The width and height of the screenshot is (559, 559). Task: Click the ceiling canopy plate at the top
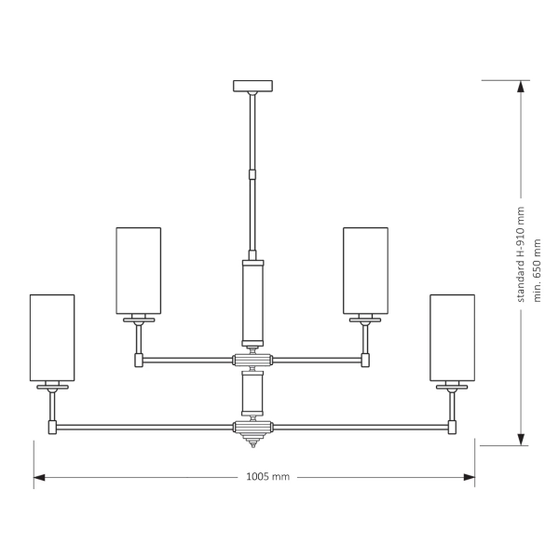pyautogui.click(x=253, y=87)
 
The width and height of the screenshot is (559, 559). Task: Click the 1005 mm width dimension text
pyautogui.click(x=267, y=476)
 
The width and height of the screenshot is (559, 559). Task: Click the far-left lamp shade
pyautogui.click(x=52, y=337)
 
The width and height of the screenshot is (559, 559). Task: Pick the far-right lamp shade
pyautogui.click(x=452, y=337)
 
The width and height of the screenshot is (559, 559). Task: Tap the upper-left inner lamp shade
pyautogui.click(x=138, y=270)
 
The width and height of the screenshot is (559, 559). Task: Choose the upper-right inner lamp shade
pyautogui.click(x=366, y=270)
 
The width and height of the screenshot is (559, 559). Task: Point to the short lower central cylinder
pyautogui.click(x=253, y=394)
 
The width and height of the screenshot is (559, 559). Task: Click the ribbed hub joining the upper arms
pyautogui.click(x=252, y=360)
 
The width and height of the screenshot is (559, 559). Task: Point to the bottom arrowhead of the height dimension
pyautogui.click(x=521, y=439)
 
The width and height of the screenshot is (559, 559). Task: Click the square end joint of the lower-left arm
pyautogui.click(x=53, y=428)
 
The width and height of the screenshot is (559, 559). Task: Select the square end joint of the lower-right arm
pyautogui.click(x=452, y=428)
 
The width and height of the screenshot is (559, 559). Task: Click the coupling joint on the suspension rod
pyautogui.click(x=252, y=172)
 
